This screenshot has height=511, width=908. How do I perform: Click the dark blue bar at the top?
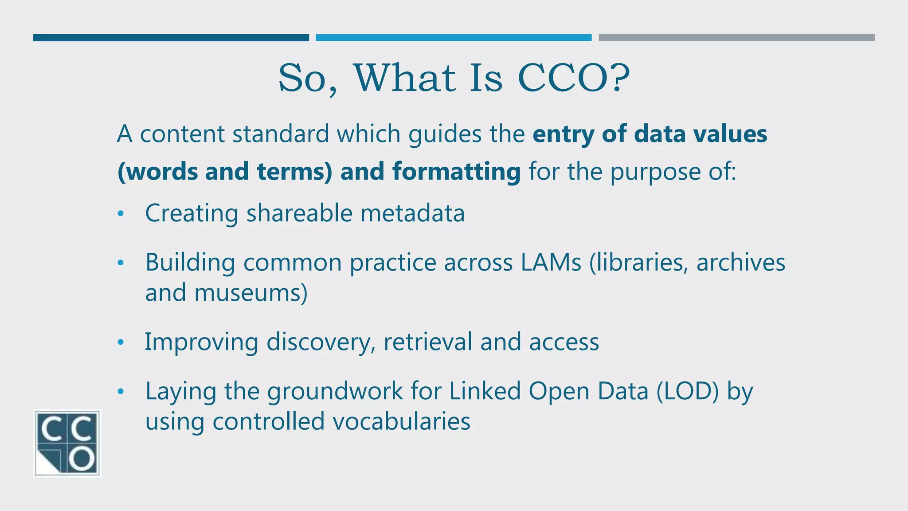(171, 38)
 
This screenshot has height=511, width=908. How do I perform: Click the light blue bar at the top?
(453, 38)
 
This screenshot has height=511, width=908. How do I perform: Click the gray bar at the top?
(736, 38)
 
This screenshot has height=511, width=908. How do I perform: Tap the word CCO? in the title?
(574, 78)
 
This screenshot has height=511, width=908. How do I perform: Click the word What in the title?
(404, 78)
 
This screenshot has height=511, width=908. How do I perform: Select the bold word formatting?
(457, 172)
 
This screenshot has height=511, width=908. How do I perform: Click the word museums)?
(250, 293)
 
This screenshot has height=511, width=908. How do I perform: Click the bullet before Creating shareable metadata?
(121, 214)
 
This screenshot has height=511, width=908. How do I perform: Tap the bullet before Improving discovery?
(121, 342)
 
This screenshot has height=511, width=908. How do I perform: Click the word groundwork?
(335, 391)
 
